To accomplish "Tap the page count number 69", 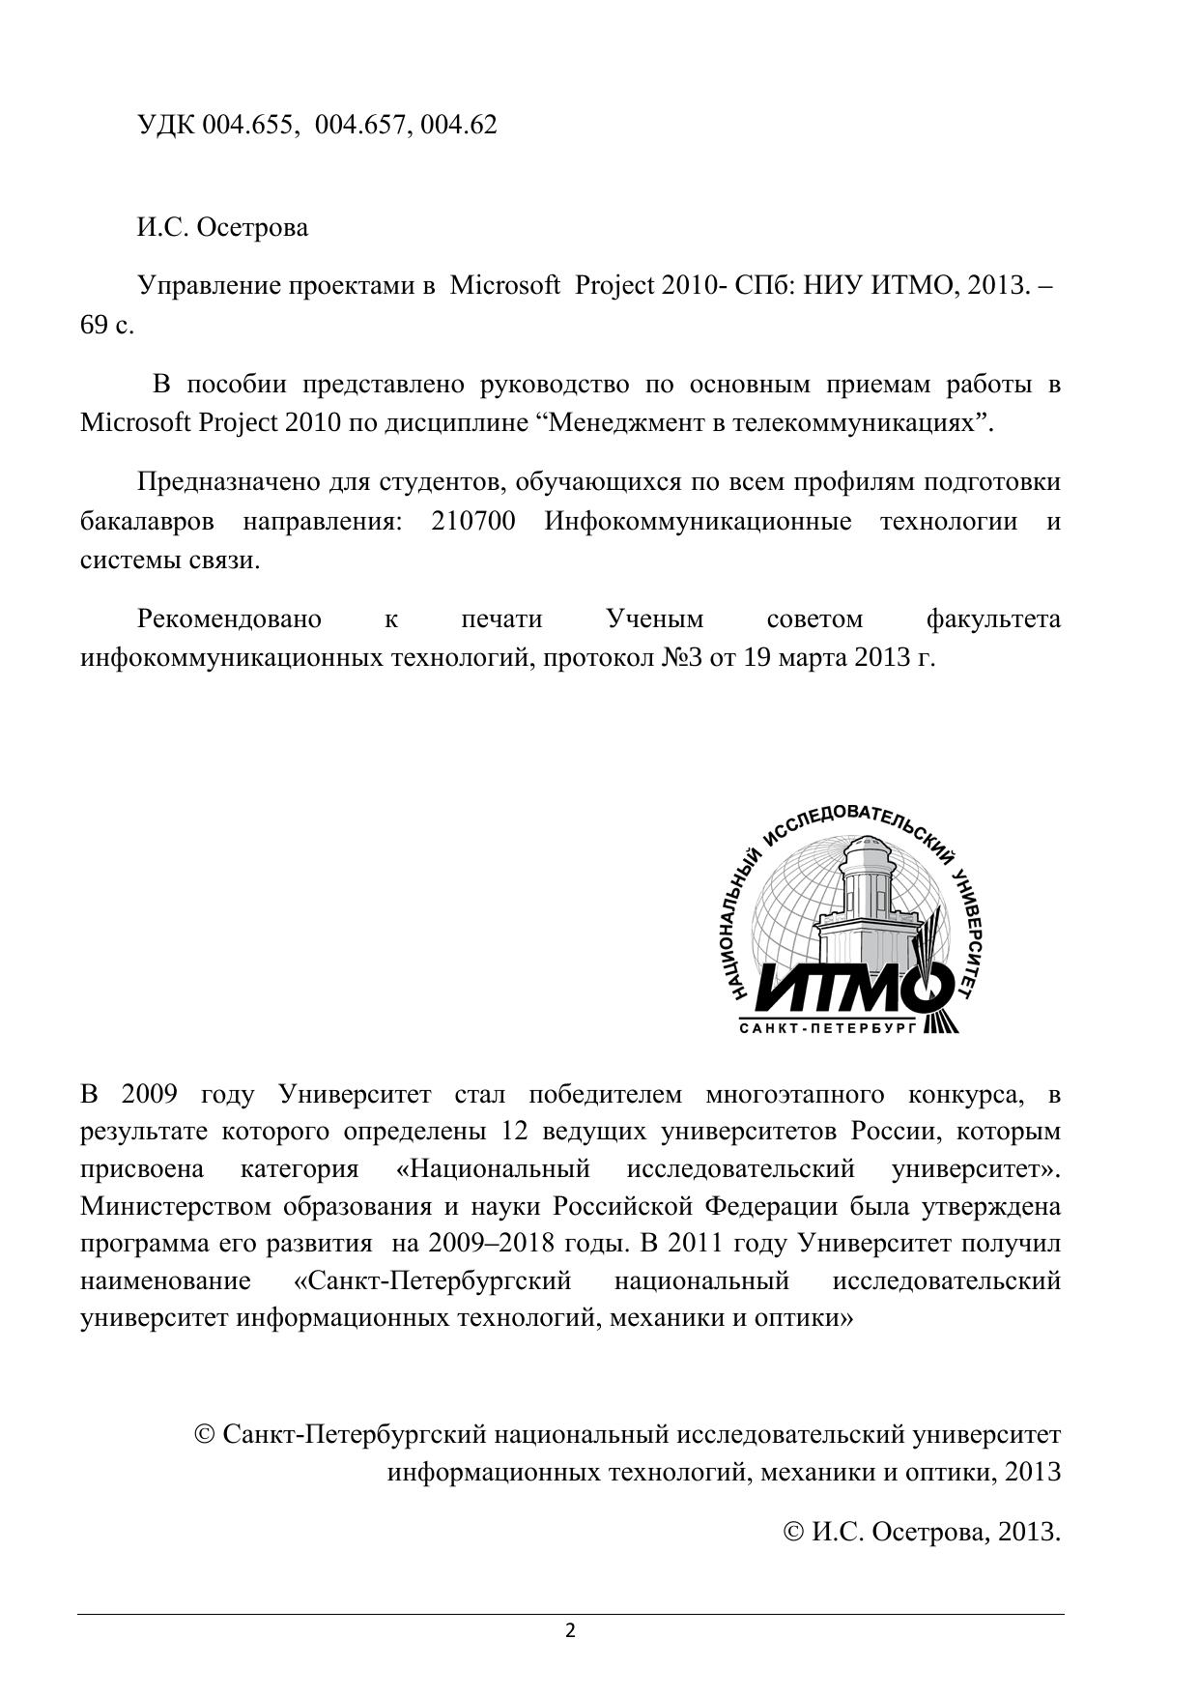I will tap(94, 325).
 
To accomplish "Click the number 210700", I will tap(472, 522).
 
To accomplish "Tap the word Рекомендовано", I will tap(229, 618).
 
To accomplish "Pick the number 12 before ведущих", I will tap(518, 1132).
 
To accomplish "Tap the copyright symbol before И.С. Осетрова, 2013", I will tap(793, 1532).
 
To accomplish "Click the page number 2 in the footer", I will tap(570, 1632).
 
